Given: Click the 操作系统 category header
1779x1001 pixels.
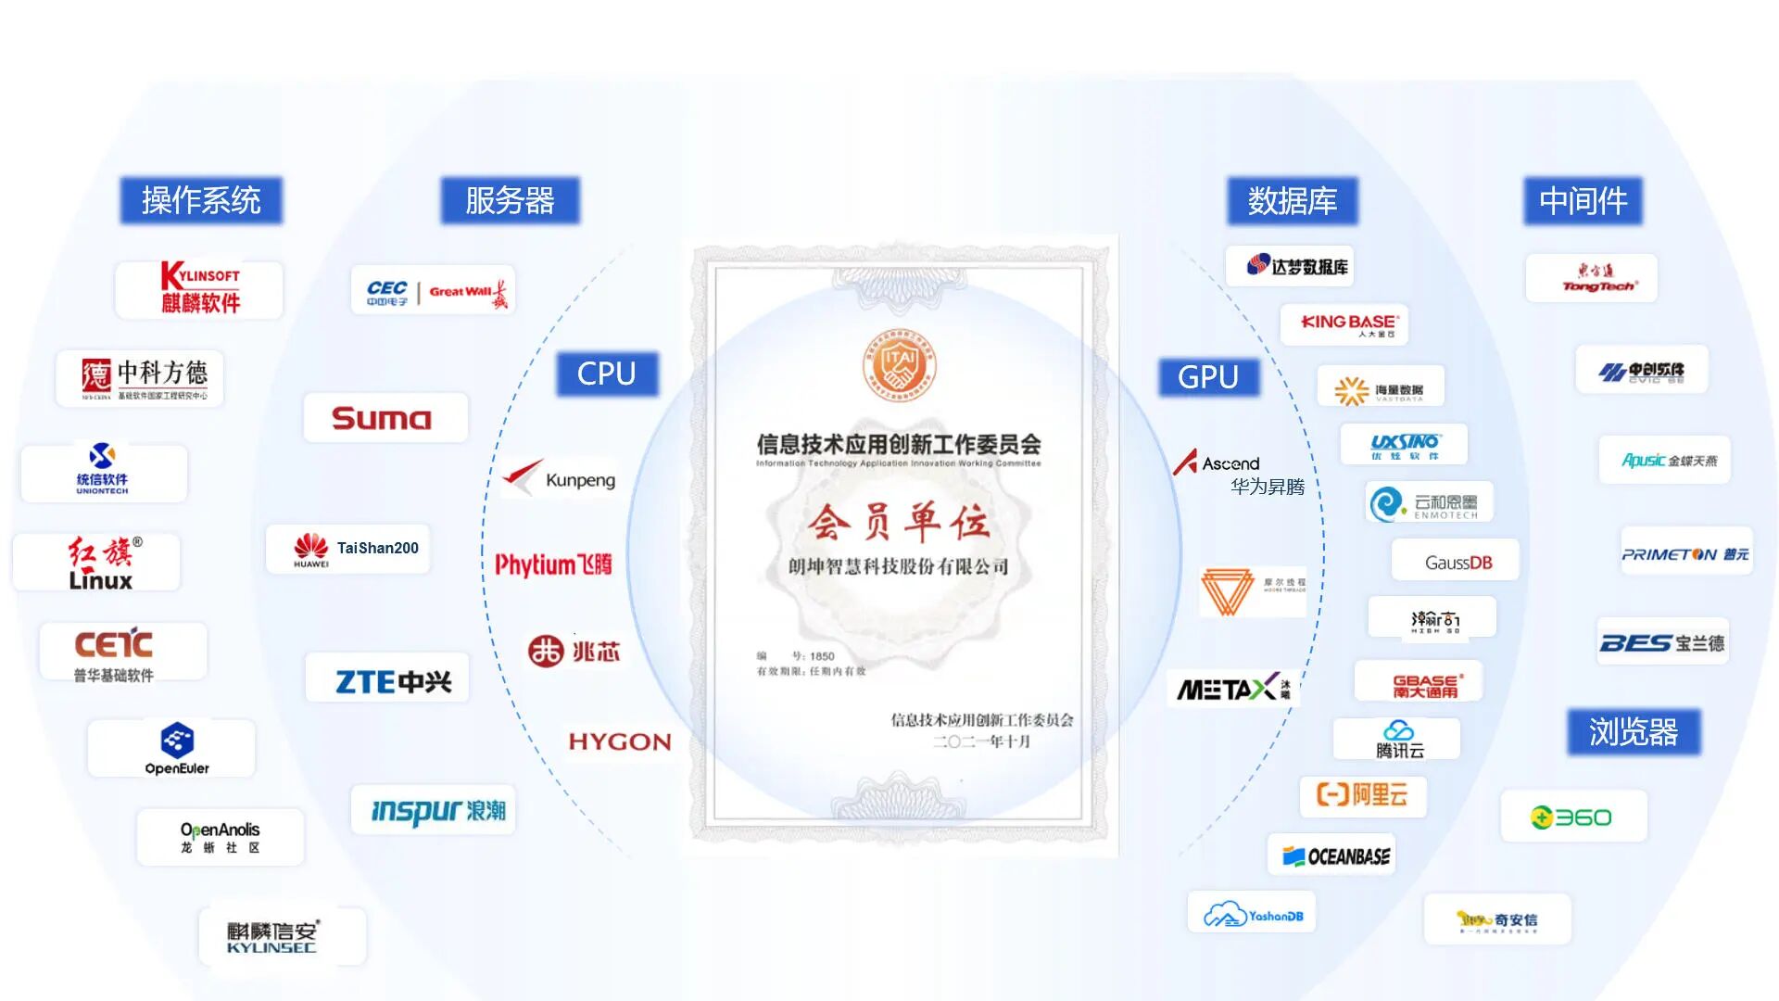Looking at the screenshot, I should (201, 200).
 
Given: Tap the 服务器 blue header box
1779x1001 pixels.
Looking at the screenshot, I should (510, 200).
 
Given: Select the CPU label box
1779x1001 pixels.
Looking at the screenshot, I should (607, 374).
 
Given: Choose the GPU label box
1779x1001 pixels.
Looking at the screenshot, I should (1208, 377).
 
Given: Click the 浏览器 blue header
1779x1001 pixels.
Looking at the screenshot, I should (1634, 732).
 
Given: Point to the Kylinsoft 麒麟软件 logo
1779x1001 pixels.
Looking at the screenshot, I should (199, 289).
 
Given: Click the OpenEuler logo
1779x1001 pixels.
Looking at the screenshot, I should (176, 749).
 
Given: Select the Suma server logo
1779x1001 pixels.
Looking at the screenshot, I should (383, 418).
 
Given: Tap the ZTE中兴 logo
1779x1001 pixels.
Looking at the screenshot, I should (392, 682).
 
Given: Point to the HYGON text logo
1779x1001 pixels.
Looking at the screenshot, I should (619, 741).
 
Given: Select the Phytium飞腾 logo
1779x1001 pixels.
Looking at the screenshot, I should (553, 564).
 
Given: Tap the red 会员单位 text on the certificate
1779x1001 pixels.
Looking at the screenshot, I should (898, 522).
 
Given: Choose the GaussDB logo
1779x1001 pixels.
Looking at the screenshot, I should (1457, 563).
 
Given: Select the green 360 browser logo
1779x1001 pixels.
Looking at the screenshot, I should (1571, 817).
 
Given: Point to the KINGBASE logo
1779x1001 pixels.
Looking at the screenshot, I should (1348, 324).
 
